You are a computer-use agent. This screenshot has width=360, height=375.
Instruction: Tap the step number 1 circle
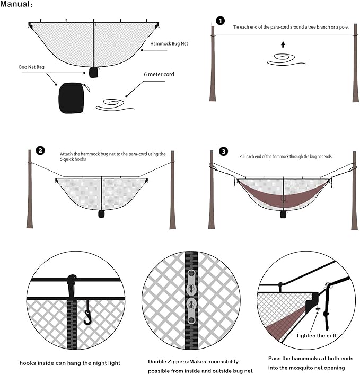pos(220,21)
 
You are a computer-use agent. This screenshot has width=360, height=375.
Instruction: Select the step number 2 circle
pos(40,151)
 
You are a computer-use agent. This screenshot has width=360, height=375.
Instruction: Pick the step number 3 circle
pos(223,151)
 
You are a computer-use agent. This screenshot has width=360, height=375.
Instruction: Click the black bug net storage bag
pos(71,97)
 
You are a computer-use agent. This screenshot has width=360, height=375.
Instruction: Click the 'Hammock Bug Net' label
pos(169,44)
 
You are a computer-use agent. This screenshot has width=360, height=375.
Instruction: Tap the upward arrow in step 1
pos(283,44)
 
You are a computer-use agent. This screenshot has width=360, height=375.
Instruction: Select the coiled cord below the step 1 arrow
pos(283,60)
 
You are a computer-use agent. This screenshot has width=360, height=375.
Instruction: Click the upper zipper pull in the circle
pos(191,281)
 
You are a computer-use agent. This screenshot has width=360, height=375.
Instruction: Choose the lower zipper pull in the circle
pos(191,309)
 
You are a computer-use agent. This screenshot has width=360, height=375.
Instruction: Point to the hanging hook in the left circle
pos(87,317)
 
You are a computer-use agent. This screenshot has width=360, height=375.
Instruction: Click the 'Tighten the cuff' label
pos(315,336)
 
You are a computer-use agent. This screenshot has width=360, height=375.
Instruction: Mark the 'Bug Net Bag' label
pos(31,68)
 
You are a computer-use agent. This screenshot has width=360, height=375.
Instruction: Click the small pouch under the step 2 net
pos(101,214)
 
